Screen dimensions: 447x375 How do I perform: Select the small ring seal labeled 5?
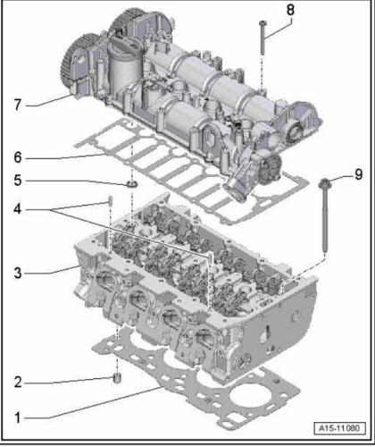tap(132, 185)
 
